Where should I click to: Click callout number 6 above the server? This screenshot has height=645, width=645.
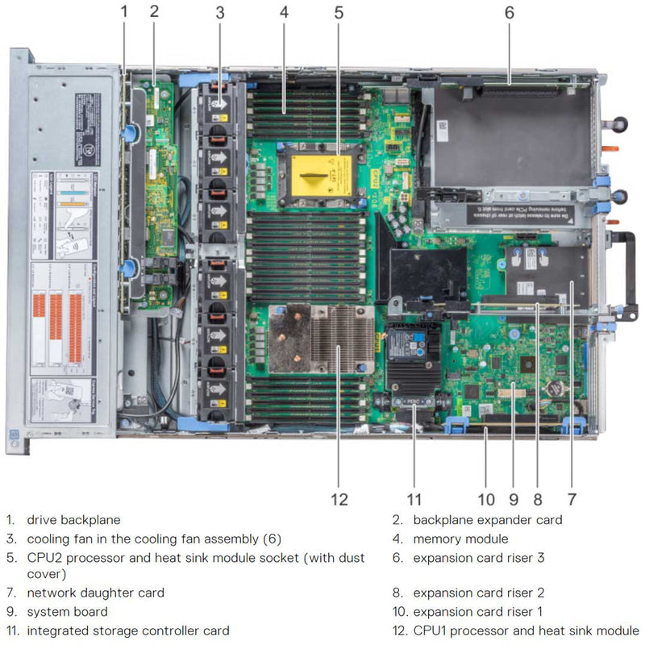click(509, 13)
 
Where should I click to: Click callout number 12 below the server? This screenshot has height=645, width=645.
click(339, 499)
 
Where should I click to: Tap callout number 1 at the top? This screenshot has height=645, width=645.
click(123, 11)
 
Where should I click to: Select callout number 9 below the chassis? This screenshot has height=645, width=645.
click(513, 499)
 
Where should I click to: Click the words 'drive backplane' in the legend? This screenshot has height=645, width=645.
click(73, 520)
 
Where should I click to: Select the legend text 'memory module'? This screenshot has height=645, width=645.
click(460, 539)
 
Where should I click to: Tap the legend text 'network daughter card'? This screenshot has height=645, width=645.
click(95, 593)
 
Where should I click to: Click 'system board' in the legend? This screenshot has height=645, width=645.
click(67, 612)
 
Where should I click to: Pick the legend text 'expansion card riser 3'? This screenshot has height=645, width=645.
click(479, 557)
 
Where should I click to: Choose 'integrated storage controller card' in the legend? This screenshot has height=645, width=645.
click(127, 630)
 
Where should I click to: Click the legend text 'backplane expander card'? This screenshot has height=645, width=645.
click(487, 520)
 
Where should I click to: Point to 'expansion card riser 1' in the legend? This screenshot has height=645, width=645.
click(477, 612)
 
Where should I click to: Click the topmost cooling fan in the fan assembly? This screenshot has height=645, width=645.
click(218, 105)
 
